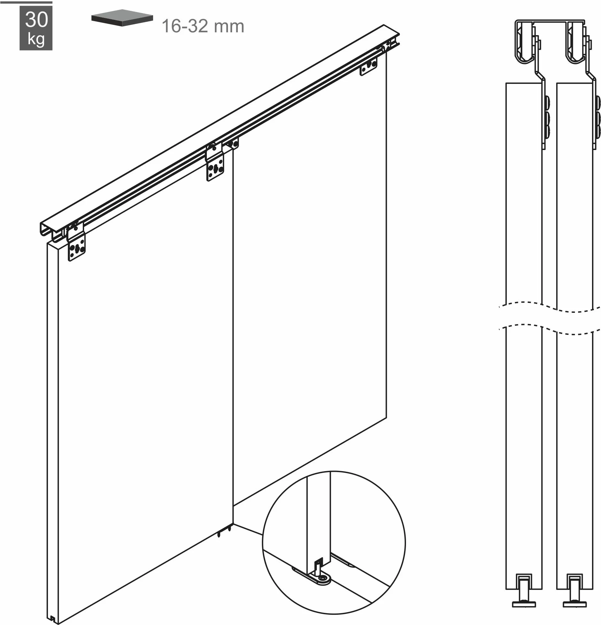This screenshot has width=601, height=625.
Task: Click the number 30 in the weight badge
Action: pyautogui.click(x=36, y=20)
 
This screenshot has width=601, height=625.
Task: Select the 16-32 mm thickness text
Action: pyautogui.click(x=203, y=26)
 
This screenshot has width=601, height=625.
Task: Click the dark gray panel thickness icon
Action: pyautogui.click(x=122, y=20)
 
